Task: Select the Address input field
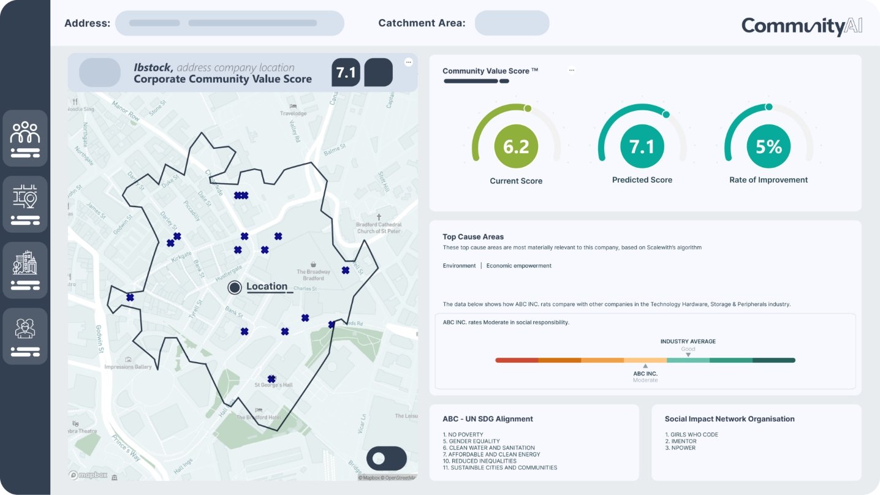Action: (229, 23)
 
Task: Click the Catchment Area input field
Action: (512, 23)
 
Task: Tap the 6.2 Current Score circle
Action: (516, 146)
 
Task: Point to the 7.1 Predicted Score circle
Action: (642, 146)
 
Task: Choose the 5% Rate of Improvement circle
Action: (768, 146)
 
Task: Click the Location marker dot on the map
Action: (235, 287)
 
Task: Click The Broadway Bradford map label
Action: (313, 274)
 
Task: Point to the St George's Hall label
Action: (274, 385)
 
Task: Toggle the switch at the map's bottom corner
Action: (386, 458)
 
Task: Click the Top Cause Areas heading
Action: (473, 236)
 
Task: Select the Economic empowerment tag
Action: (518, 266)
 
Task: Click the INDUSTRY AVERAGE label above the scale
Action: (688, 341)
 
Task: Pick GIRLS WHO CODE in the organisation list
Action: (691, 434)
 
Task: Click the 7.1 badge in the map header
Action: (346, 73)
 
